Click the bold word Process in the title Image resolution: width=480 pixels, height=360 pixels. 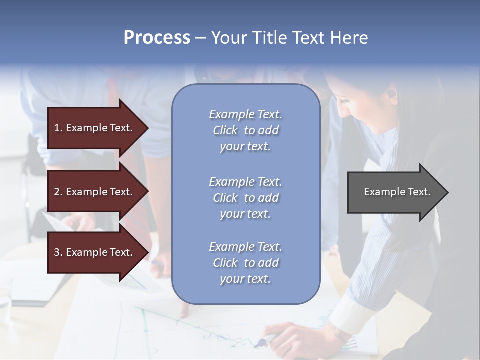point(157,37)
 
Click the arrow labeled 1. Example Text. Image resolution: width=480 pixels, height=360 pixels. point(95,128)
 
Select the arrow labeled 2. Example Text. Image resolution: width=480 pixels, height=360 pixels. point(95,192)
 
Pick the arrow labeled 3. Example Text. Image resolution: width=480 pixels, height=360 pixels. point(95,252)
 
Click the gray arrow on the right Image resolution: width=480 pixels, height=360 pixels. point(395,192)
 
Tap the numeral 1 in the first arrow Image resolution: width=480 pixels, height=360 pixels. point(56,128)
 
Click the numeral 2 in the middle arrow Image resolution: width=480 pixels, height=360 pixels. point(57,192)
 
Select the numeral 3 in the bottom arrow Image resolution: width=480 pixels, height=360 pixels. point(57,252)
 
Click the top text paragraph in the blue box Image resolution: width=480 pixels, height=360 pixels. point(245,130)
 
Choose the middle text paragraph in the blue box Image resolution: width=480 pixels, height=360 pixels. point(245,198)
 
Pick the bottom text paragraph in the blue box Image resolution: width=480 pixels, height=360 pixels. point(245,263)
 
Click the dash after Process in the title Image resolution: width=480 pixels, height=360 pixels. point(200,38)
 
